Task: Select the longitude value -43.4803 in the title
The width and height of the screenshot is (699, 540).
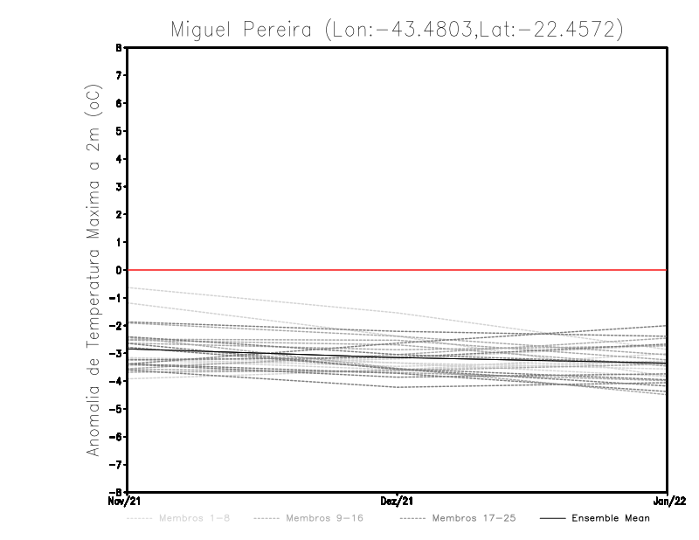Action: [x=428, y=30]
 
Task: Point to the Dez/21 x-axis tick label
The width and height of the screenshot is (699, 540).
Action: [x=398, y=502]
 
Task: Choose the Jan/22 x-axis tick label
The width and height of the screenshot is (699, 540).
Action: [x=668, y=502]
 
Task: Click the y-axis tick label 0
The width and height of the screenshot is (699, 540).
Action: [x=120, y=270]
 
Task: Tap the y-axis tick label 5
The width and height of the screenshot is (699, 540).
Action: [x=120, y=131]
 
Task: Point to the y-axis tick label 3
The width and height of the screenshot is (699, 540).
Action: [x=120, y=187]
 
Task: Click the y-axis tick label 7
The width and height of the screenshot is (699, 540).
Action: [x=120, y=76]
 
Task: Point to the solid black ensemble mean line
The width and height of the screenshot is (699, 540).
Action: [x=262, y=353]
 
